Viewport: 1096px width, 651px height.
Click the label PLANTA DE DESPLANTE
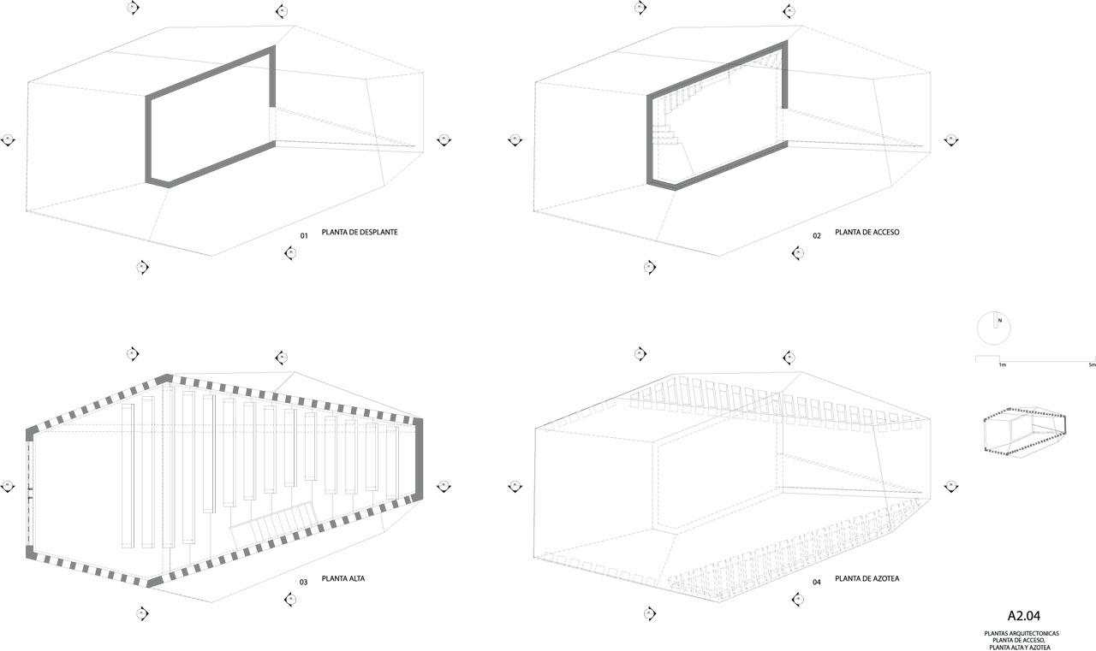click(359, 233)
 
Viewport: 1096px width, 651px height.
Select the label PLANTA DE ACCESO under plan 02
click(867, 233)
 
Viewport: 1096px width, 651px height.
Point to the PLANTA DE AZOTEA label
click(867, 579)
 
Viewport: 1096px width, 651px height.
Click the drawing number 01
click(303, 235)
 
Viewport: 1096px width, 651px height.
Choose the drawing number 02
click(817, 235)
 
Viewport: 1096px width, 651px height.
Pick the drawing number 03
click(303, 583)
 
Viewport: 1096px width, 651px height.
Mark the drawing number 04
click(817, 583)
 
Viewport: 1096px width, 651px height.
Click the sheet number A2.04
click(1023, 615)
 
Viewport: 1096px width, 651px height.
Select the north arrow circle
click(994, 327)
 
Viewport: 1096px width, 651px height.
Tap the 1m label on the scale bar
click(1001, 365)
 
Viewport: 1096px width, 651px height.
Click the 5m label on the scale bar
click(1091, 365)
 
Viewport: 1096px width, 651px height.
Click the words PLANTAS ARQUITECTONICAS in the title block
click(1022, 634)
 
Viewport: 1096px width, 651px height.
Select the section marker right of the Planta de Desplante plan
click(444, 140)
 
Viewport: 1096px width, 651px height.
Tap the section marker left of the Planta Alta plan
click(9, 487)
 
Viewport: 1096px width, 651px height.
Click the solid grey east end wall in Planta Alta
click(419, 459)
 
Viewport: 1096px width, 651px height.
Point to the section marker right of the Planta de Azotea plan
click(951, 486)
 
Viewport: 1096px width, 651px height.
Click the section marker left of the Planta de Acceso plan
click(515, 140)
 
